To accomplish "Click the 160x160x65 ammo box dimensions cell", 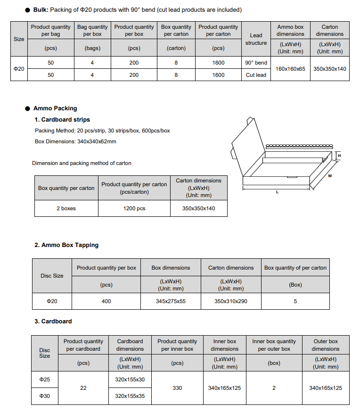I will pyautogui.click(x=290, y=69).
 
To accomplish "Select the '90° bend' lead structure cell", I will pyautogui.click(x=256, y=63).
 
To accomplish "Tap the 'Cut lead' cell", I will pyautogui.click(x=256, y=75).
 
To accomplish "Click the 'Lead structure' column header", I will pyautogui.click(x=256, y=39).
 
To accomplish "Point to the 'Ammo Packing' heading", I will pyautogui.click(x=55, y=108).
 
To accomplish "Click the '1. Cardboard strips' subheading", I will pyautogui.click(x=62, y=120).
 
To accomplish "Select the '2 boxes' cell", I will pyautogui.click(x=66, y=208).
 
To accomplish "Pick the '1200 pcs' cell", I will pyautogui.click(x=134, y=208).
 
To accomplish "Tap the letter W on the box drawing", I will pyautogui.click(x=330, y=177).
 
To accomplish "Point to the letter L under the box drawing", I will pyautogui.click(x=277, y=192).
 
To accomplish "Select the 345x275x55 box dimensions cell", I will pyautogui.click(x=171, y=301).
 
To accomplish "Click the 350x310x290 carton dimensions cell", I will pyautogui.click(x=231, y=301).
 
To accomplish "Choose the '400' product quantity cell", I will pyautogui.click(x=106, y=301).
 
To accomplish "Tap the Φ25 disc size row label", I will pyautogui.click(x=45, y=379).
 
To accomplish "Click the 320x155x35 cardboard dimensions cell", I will pyautogui.click(x=130, y=396).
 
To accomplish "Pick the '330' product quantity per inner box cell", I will pyautogui.click(x=177, y=387).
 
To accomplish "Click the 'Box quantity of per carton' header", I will pyautogui.click(x=295, y=268).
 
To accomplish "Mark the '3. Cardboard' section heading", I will pyautogui.click(x=53, y=321).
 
